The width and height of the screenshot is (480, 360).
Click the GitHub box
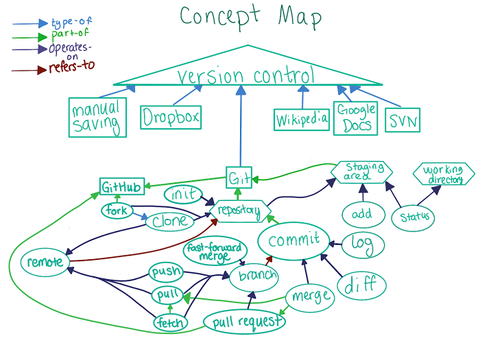click(x=122, y=187)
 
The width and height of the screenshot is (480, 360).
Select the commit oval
click(x=294, y=241)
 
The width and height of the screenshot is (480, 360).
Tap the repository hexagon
click(x=239, y=212)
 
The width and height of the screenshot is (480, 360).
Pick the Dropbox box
click(x=171, y=117)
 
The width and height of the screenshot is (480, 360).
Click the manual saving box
click(x=97, y=117)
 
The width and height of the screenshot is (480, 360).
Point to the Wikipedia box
click(x=302, y=121)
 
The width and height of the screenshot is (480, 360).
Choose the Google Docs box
click(x=356, y=117)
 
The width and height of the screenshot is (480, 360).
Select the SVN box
click(x=403, y=121)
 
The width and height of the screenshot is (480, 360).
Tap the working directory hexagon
click(x=443, y=174)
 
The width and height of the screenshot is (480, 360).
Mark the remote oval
click(x=45, y=262)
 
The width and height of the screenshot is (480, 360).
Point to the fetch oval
click(x=168, y=322)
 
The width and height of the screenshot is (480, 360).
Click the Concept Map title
click(x=250, y=17)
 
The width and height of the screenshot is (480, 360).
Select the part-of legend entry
click(x=69, y=34)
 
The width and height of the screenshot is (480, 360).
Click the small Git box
click(x=239, y=178)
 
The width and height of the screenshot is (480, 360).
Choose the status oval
click(x=413, y=217)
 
